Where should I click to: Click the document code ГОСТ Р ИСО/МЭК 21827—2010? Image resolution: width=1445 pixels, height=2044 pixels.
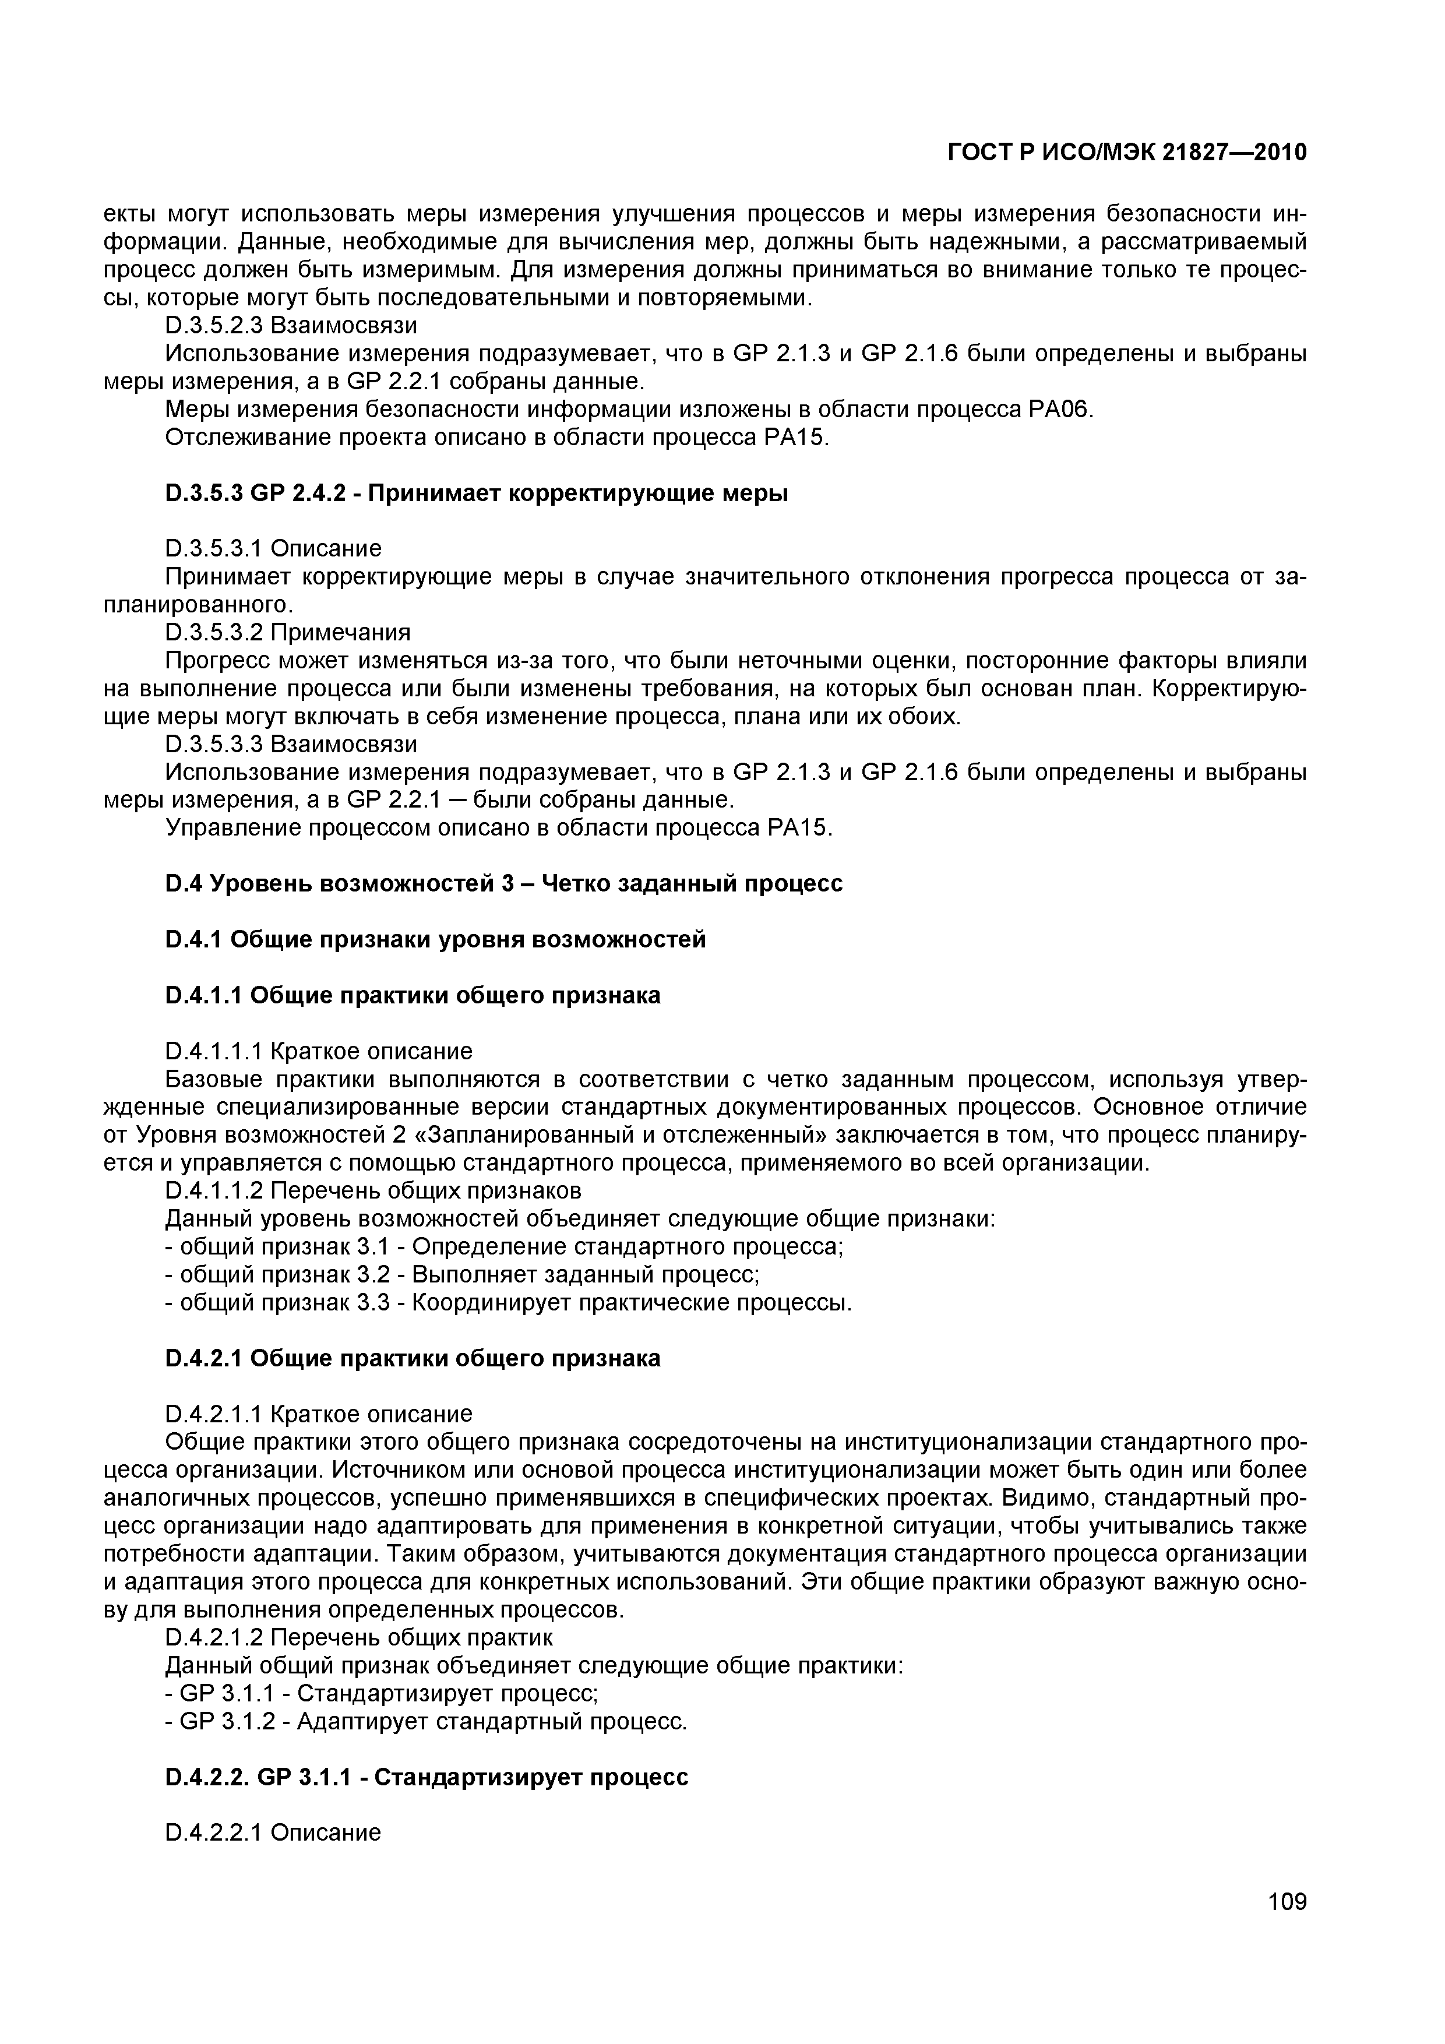(1126, 153)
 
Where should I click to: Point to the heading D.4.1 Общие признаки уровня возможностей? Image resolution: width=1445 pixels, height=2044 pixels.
(435, 939)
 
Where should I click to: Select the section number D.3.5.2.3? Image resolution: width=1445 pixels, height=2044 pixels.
(216, 326)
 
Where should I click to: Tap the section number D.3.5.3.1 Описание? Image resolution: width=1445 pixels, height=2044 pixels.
(273, 548)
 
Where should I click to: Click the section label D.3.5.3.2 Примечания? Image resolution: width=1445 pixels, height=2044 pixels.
(288, 632)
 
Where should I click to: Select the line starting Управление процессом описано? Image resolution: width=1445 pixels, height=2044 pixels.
(499, 828)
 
